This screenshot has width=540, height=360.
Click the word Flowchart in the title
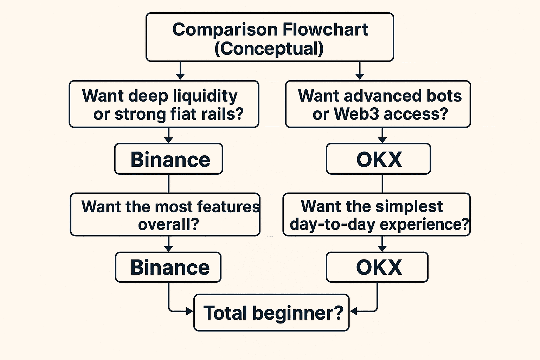tap(325, 30)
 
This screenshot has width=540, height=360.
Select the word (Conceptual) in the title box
tap(269, 49)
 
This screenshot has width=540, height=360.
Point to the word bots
tap(444, 96)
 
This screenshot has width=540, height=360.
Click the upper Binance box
tap(169, 159)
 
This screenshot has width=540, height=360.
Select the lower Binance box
tap(168, 267)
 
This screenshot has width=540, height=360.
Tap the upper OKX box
tap(379, 159)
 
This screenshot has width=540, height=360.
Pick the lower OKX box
tap(378, 267)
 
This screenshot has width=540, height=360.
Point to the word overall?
tap(168, 224)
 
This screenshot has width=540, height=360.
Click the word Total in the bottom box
tap(225, 313)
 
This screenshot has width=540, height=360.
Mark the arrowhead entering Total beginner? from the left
tap(190, 311)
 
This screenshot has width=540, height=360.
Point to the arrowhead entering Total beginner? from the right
tap(353, 311)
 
